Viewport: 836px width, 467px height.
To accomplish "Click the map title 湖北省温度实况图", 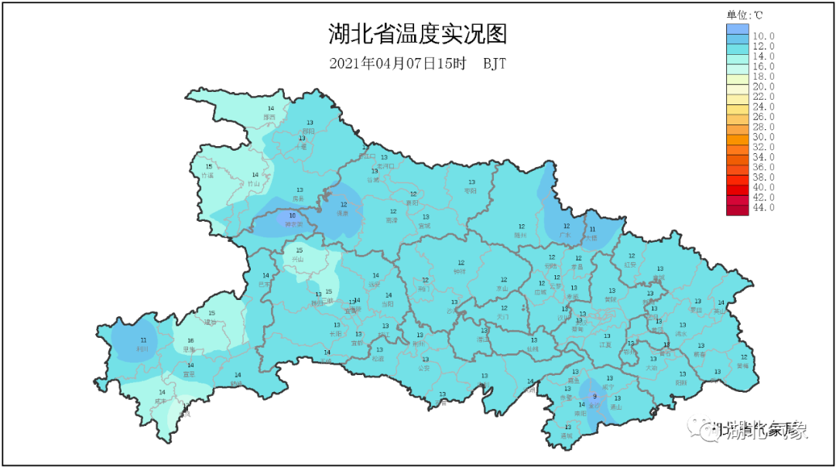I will coord(417,34).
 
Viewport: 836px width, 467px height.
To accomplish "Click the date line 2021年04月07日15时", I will coord(398,63).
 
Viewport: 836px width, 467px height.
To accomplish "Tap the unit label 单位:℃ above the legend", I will coord(744,15).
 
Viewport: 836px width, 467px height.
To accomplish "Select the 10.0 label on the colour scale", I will coord(763,36).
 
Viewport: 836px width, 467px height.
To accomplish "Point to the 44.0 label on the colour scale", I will coord(763,207).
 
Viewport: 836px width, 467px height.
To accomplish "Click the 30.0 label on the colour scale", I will coord(763,137).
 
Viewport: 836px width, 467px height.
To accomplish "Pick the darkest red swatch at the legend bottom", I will coord(737,207).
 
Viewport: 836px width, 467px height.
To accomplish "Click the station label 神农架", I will coord(293,224).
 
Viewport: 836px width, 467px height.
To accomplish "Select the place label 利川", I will coord(142,349).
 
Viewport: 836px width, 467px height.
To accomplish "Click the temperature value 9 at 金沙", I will coord(594,396).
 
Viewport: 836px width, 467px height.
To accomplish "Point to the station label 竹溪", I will coord(207,176).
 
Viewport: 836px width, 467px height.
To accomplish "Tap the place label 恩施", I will coord(190,349).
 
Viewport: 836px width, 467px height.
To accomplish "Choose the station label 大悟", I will coord(591,238).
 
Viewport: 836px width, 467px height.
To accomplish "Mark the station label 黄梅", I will coord(743,366).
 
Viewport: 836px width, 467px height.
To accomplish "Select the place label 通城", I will coord(567,435).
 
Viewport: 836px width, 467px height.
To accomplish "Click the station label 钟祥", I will coord(460,271).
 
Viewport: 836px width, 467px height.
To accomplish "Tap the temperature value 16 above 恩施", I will coord(190,340).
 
